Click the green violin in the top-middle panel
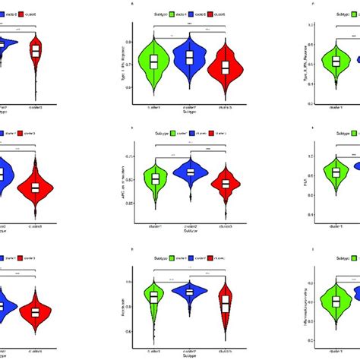(153, 62)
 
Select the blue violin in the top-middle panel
(190, 58)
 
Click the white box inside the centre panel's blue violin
(190, 172)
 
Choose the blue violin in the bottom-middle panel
(190, 292)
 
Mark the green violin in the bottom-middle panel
(154, 297)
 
